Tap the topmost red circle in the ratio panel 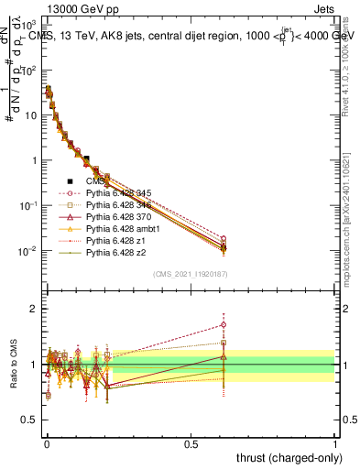223,324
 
